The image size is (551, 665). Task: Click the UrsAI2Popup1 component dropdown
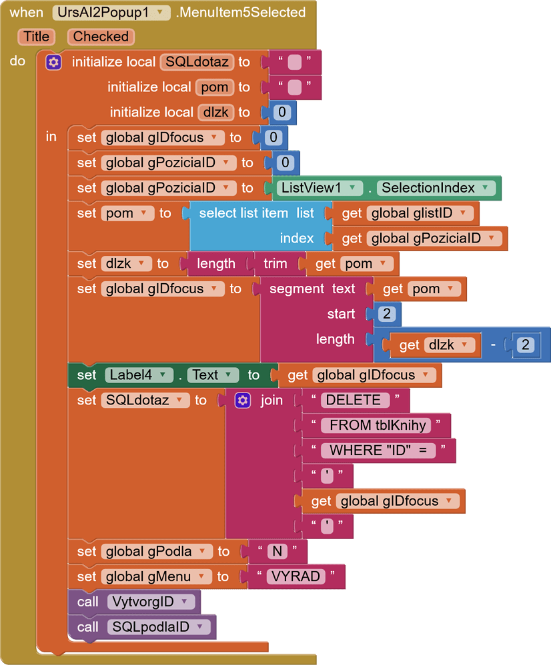pos(111,13)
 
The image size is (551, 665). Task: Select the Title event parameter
pos(37,37)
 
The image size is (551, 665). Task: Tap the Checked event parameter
pos(101,37)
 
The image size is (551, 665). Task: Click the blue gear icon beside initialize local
pos(54,63)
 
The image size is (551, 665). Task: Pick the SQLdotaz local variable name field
pos(197,63)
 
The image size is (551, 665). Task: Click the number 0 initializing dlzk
pos(282,113)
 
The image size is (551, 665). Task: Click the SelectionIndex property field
pos(438,188)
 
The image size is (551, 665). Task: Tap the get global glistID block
pos(407,213)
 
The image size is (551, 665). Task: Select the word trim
pos(275,264)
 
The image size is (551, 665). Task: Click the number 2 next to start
pos(388,314)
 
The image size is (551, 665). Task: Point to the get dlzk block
pos(434,344)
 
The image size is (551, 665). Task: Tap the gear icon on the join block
pos(243,400)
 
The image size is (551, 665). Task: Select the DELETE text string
pos(354,400)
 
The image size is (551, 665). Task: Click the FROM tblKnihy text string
pos(377,426)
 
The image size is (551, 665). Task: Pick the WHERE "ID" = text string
pos(378,451)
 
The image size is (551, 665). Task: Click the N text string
pos(277,552)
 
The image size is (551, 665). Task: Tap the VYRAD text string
pos(296,577)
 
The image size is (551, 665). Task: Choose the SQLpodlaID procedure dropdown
pos(160,627)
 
